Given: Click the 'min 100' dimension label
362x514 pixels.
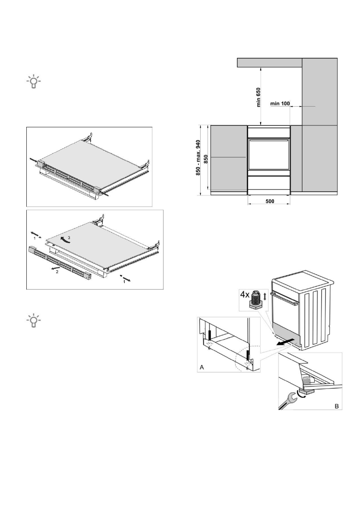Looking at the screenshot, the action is pos(280,104).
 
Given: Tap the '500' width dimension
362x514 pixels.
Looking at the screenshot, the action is pos(268,201).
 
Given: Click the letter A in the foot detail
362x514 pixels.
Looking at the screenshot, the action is pos(201,367).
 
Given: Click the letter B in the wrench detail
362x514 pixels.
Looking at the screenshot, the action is pos(336,406).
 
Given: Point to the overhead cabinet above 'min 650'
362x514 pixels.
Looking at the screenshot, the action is pos(270,63).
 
